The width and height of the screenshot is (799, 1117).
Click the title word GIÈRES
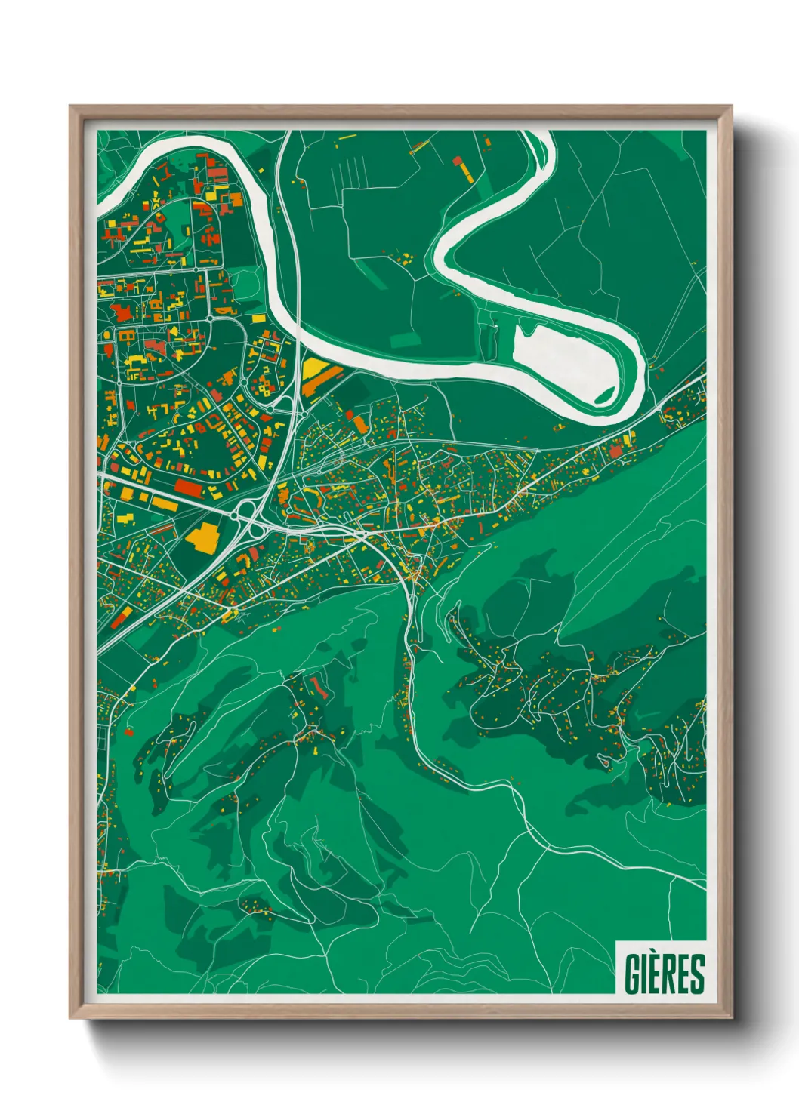pos(664,974)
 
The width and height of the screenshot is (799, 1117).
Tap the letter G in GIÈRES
pos(631,974)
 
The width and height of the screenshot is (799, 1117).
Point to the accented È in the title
pos(658,972)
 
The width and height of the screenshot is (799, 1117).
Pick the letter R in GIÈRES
pos(675,974)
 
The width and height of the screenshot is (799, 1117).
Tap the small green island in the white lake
pos(605,394)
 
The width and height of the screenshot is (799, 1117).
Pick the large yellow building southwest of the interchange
pos(201,536)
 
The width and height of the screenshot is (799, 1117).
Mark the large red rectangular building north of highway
pos(189,487)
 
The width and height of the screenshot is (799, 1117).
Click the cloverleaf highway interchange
pos(248,519)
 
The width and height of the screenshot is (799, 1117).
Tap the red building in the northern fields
pos(457,160)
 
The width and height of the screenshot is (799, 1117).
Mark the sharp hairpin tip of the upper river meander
pos(439,249)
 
